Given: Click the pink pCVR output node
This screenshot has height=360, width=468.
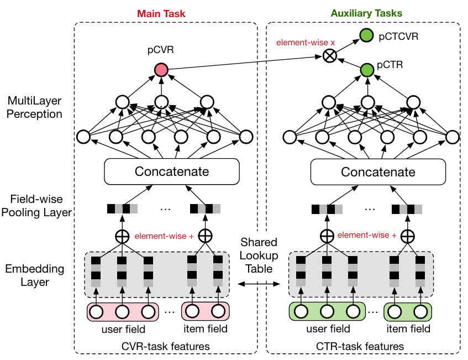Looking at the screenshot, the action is (x=161, y=70).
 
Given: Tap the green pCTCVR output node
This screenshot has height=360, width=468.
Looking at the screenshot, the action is (x=366, y=35).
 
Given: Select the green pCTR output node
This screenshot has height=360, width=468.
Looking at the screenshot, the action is (x=367, y=70).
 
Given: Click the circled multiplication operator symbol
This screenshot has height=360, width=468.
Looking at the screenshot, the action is (x=330, y=56).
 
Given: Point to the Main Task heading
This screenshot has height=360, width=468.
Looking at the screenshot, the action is (x=161, y=14).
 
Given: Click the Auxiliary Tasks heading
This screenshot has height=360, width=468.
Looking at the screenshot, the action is (x=366, y=13).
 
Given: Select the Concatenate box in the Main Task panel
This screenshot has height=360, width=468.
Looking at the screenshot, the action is (x=172, y=171).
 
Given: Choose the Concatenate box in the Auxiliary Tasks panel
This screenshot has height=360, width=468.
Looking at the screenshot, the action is (x=378, y=172).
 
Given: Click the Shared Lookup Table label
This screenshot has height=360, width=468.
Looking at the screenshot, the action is (x=259, y=255).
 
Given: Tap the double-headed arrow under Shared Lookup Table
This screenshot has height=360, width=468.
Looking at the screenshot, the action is (x=259, y=284).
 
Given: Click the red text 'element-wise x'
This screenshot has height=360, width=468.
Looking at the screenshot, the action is (x=306, y=43).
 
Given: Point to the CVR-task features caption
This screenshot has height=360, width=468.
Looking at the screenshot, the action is (x=166, y=347).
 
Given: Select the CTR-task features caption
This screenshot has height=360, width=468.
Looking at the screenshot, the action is (x=360, y=347).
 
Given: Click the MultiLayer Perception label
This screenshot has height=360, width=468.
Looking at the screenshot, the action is (x=34, y=107).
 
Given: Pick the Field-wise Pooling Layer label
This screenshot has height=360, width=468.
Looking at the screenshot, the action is (x=36, y=206).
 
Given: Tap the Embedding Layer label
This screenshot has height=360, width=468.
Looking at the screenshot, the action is (x=35, y=275).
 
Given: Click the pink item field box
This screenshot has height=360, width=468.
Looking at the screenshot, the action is (x=206, y=311).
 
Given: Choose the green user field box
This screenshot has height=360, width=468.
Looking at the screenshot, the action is (x=327, y=311).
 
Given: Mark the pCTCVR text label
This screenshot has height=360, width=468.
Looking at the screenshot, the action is (x=398, y=36).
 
